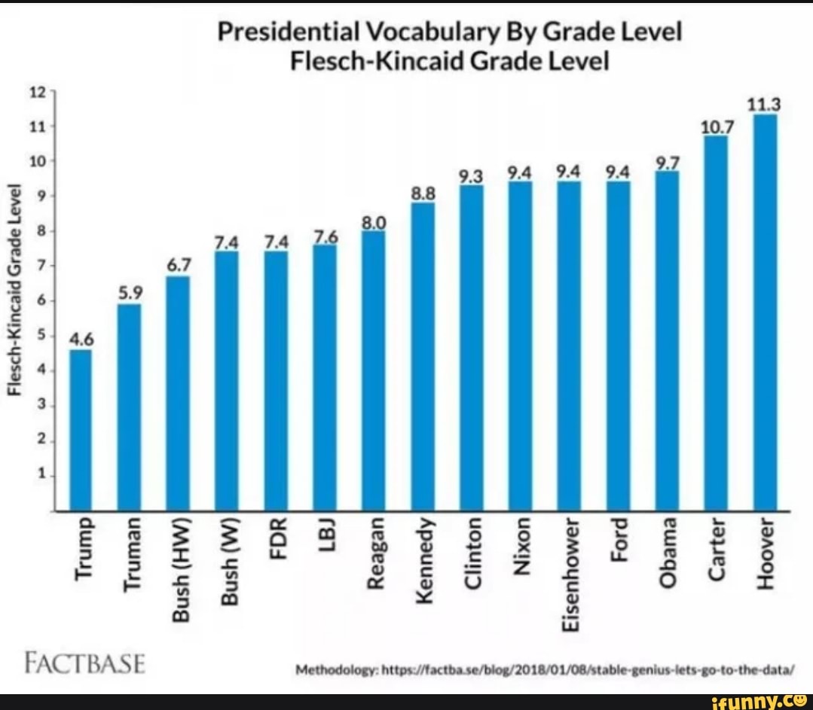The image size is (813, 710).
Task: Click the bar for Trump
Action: (81, 429)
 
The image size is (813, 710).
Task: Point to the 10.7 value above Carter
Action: (715, 126)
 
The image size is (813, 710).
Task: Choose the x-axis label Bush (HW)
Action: (179, 570)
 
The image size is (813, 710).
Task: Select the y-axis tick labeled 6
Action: (41, 300)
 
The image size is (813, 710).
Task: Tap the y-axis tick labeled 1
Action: (41, 475)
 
